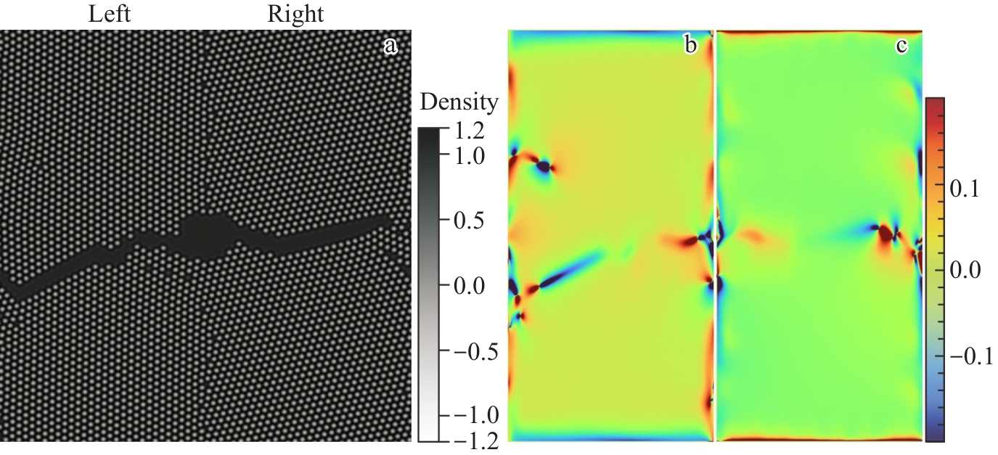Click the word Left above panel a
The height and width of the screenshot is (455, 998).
click(109, 14)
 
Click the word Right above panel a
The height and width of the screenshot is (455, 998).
click(295, 14)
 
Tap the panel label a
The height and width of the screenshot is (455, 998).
click(390, 46)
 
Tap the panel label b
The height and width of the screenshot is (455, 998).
click(690, 46)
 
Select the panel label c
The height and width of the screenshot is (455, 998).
click(901, 46)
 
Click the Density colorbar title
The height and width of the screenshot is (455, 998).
click(459, 103)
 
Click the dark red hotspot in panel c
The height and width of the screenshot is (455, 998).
click(885, 234)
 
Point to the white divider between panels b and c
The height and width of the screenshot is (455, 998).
click(715, 236)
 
